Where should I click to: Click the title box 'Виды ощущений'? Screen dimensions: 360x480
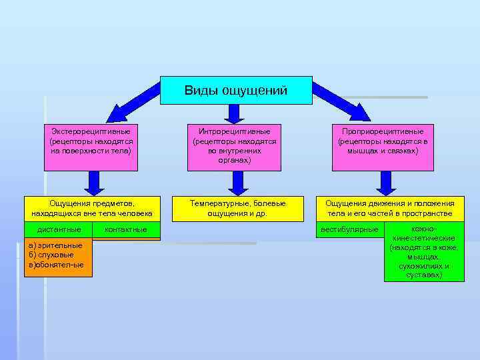click(236, 90)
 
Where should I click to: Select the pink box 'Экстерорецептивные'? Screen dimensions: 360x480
click(91, 141)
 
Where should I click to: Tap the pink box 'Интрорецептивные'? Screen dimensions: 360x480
click(235, 146)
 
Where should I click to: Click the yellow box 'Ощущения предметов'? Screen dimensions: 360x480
click(92, 208)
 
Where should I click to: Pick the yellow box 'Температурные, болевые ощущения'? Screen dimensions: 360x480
click(237, 208)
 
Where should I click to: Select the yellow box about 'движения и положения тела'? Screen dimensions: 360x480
click(390, 208)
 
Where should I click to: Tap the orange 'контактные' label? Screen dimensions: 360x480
click(126, 229)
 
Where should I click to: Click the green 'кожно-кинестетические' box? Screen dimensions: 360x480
click(424, 251)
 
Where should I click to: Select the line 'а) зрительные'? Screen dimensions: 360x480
click(56, 245)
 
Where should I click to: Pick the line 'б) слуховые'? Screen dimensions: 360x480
click(53, 255)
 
